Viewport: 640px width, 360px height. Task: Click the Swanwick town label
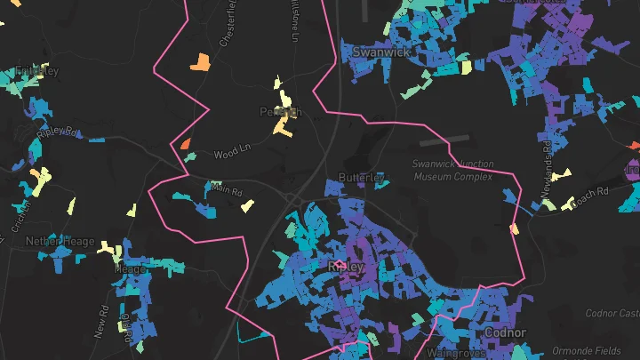click(x=380, y=52)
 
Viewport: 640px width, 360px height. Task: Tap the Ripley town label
click(x=346, y=266)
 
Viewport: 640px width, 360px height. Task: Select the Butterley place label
click(x=361, y=178)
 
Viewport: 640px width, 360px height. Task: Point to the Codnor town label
click(x=505, y=332)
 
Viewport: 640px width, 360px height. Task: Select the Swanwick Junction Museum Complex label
click(x=452, y=170)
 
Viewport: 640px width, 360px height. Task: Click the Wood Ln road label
click(x=234, y=155)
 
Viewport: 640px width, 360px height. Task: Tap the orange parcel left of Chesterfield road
click(x=200, y=61)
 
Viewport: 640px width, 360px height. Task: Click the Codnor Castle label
click(x=612, y=313)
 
